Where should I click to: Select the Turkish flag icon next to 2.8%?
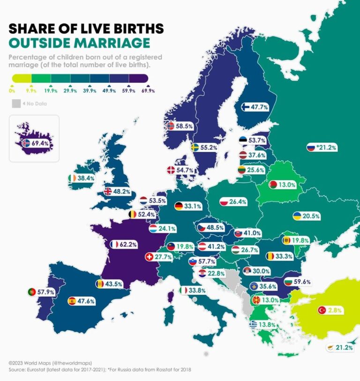[322, 310]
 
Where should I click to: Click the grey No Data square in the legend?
[16, 104]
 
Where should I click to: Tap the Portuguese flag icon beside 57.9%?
[31, 292]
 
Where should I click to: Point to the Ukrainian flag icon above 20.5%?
[297, 216]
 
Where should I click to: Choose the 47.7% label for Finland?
[259, 107]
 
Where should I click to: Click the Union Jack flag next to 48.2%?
[108, 191]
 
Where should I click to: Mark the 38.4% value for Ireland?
[86, 179]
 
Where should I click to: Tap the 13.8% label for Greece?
[266, 325]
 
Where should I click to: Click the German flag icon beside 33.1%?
[179, 206]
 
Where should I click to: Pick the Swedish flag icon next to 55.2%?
[194, 147]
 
